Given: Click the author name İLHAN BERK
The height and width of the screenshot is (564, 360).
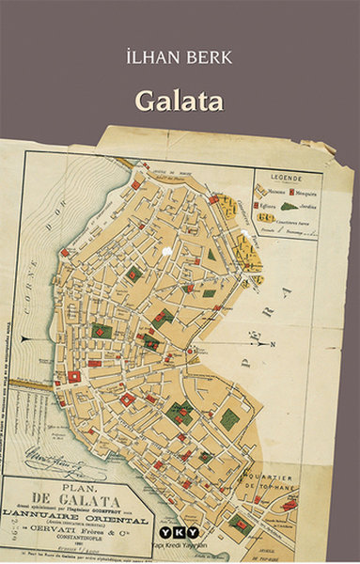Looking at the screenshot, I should click(180, 57).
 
